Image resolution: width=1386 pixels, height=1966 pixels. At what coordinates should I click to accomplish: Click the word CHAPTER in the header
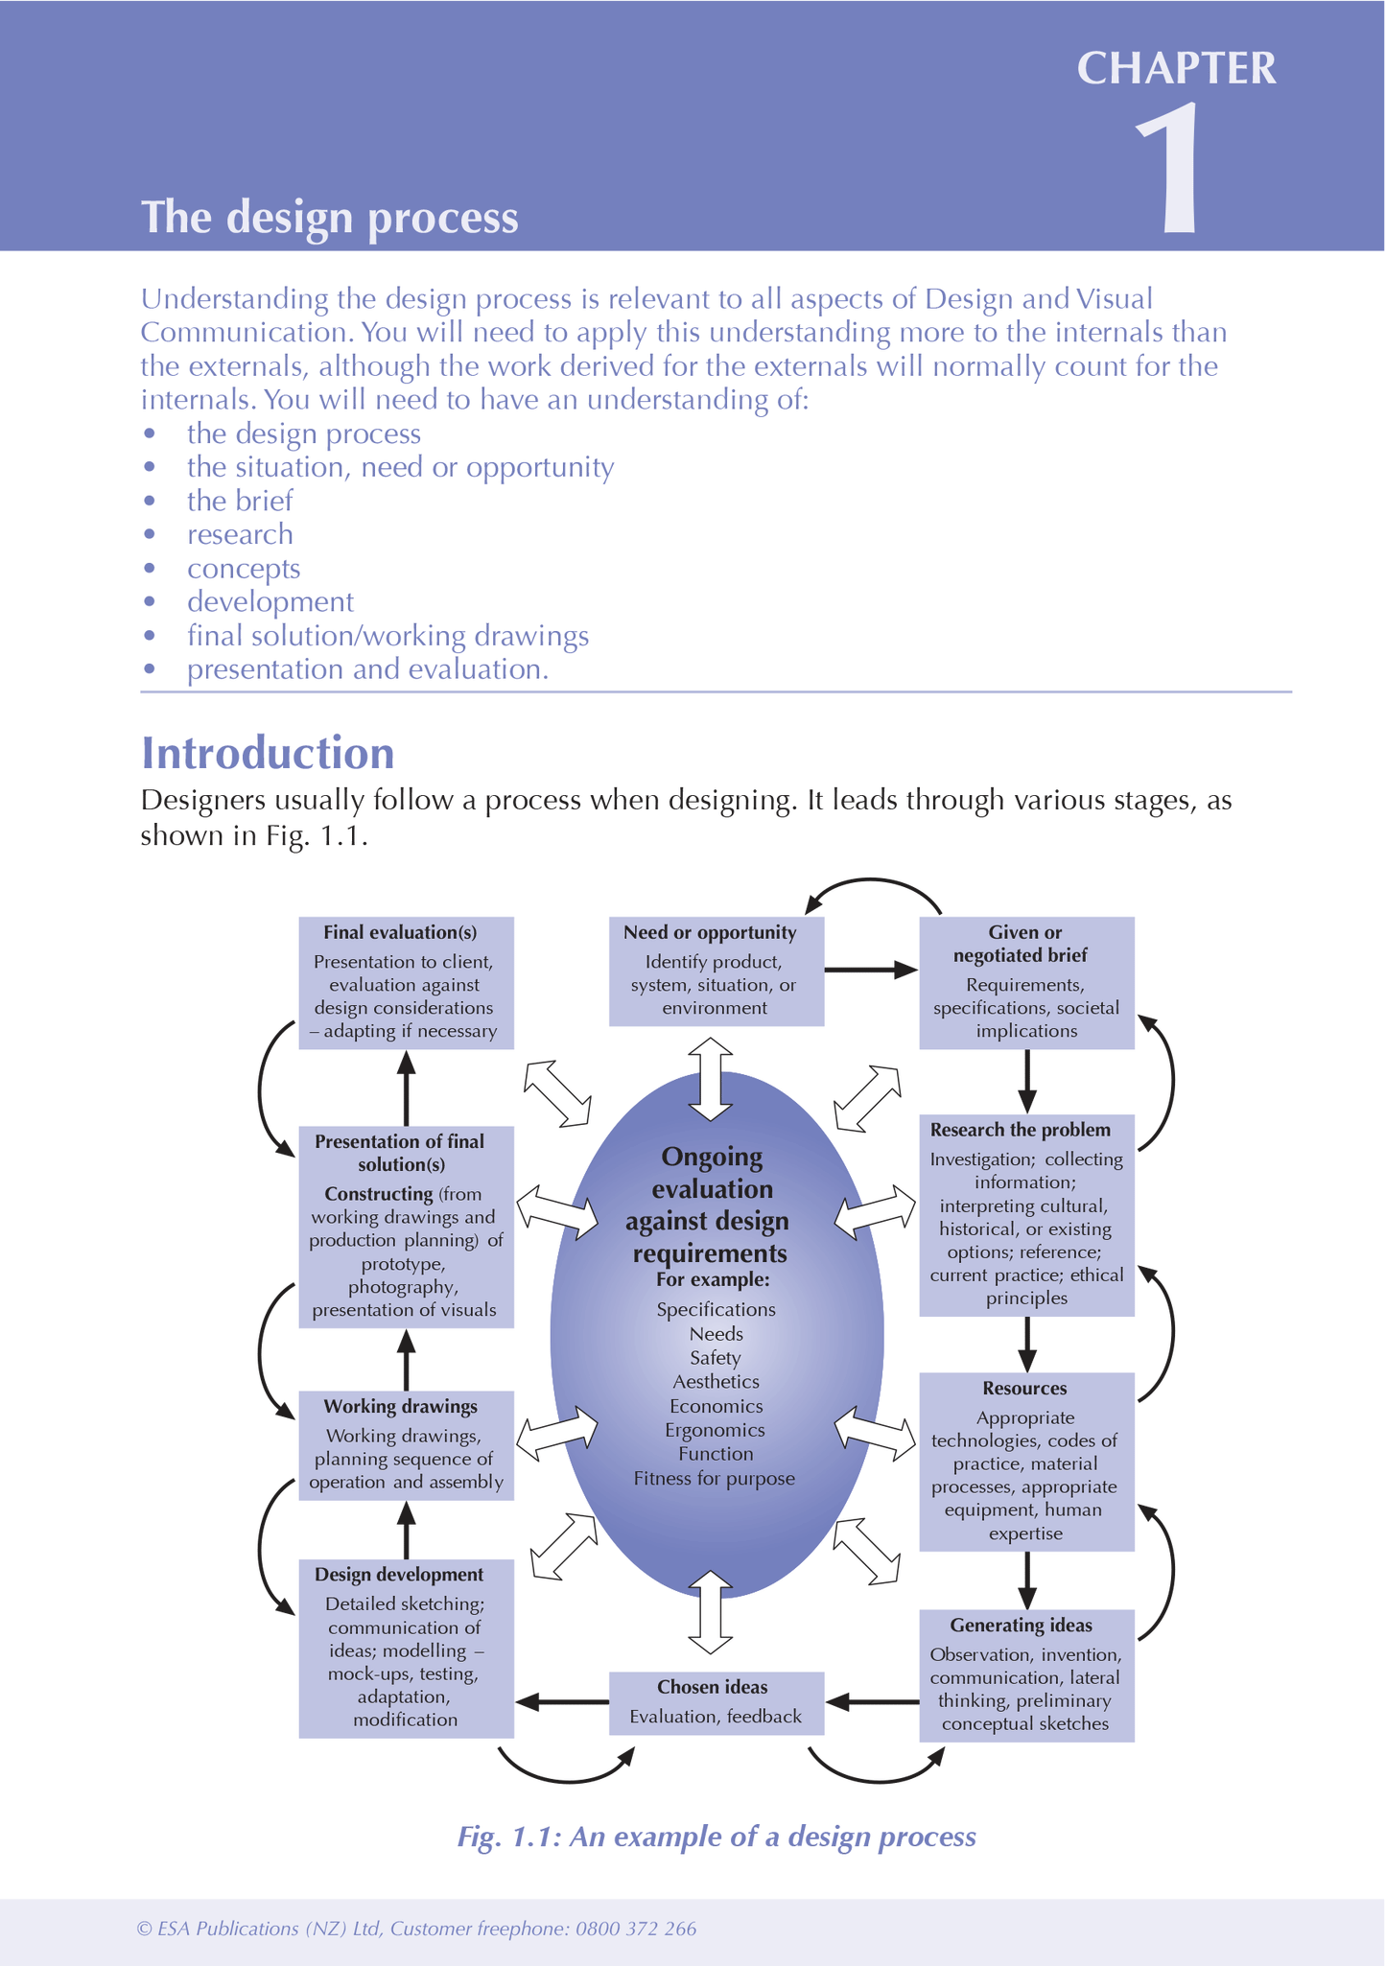[1176, 69]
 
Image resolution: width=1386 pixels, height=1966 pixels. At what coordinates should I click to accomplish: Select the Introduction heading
[268, 753]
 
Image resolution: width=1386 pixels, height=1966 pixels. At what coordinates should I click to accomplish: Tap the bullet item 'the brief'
[240, 501]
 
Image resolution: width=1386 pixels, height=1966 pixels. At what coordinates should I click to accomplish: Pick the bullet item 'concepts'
[244, 569]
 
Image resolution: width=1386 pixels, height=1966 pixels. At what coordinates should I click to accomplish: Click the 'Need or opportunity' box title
[710, 932]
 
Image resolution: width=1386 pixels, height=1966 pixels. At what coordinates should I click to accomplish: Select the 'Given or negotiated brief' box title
[1025, 944]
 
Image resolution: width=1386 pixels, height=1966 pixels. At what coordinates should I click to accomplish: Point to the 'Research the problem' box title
[1021, 1130]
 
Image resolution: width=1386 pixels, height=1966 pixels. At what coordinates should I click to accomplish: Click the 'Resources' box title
[1024, 1388]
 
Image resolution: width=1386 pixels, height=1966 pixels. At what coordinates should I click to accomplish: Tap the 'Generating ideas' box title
[1022, 1625]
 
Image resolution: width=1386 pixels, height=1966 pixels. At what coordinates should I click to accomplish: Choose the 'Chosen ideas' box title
[712, 1687]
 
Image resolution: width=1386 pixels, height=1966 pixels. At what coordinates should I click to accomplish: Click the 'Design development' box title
[399, 1574]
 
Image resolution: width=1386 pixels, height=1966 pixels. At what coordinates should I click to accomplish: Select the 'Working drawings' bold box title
[401, 1406]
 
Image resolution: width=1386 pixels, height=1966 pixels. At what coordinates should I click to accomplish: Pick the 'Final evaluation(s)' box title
[400, 932]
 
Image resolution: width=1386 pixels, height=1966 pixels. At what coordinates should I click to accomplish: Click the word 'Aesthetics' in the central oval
[716, 1381]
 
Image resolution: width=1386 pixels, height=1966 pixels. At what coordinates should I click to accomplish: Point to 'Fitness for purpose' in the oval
[714, 1478]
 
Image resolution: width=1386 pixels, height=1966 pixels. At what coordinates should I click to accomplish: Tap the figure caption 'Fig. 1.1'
[716, 1836]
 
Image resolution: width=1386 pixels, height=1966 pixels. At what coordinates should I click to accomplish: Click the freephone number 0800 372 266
[636, 1929]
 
